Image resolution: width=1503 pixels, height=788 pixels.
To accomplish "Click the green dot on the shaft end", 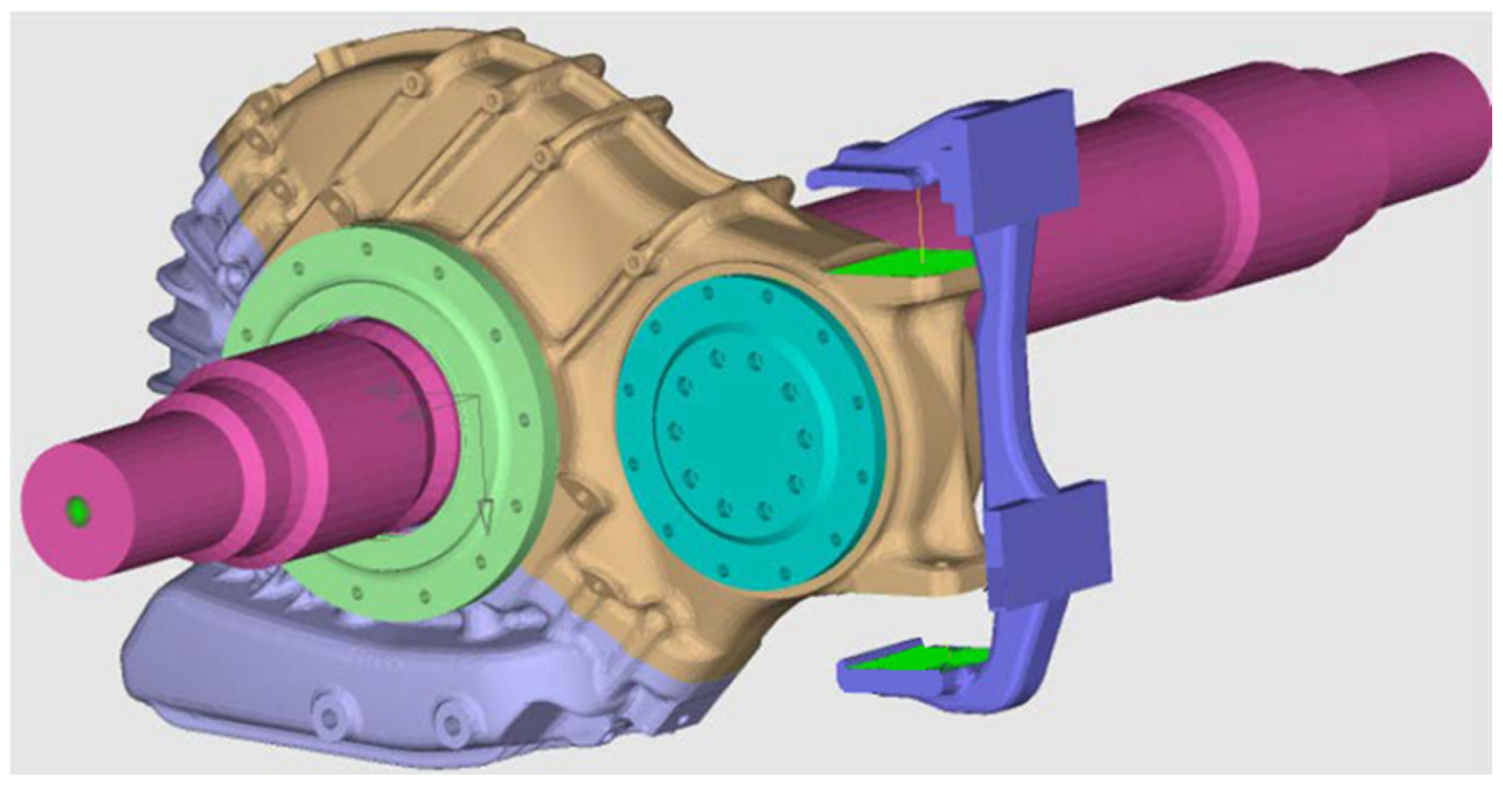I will (x=77, y=510).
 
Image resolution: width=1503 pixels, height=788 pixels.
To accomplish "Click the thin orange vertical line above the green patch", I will (x=920, y=226).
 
